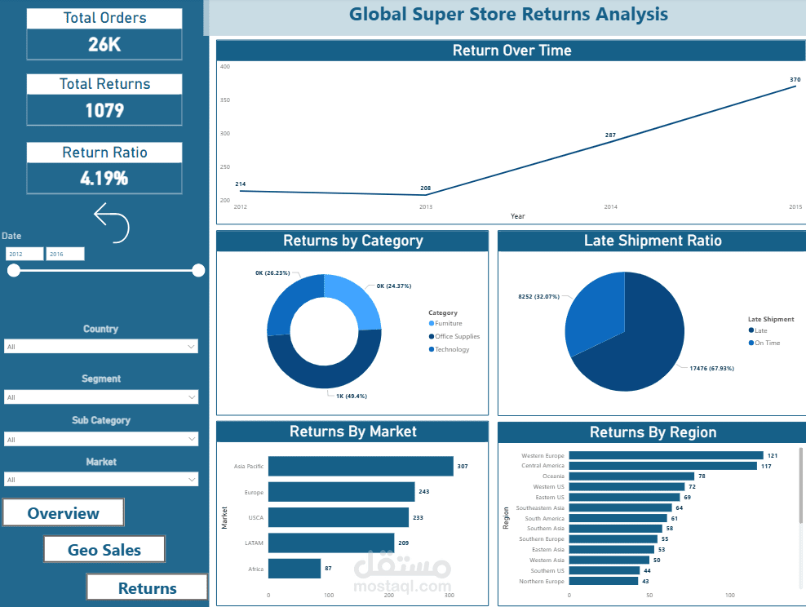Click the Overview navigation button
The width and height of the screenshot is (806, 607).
[x=63, y=513]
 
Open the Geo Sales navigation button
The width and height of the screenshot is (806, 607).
[x=104, y=550]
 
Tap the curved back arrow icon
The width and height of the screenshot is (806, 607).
[x=112, y=224]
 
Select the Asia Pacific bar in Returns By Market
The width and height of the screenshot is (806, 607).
[x=361, y=466]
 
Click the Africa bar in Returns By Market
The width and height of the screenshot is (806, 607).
[x=294, y=569]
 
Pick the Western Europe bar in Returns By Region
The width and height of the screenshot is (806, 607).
[x=666, y=455]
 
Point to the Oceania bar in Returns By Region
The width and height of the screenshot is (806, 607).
[x=631, y=476]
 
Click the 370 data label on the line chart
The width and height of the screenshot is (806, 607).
[x=795, y=80]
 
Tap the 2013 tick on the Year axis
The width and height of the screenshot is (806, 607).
[x=426, y=207]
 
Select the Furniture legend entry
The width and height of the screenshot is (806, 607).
[x=448, y=324]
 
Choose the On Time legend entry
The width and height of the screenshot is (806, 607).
[x=767, y=343]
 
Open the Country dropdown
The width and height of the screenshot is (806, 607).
[x=100, y=347]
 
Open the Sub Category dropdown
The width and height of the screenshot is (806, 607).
[x=100, y=440]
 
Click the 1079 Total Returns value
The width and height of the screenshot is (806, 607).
[x=104, y=109]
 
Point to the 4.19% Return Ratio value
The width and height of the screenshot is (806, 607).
[x=104, y=178]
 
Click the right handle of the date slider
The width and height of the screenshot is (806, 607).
[x=198, y=271]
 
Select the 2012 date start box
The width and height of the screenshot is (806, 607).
[x=24, y=255]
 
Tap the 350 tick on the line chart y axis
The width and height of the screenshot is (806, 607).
[x=225, y=100]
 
